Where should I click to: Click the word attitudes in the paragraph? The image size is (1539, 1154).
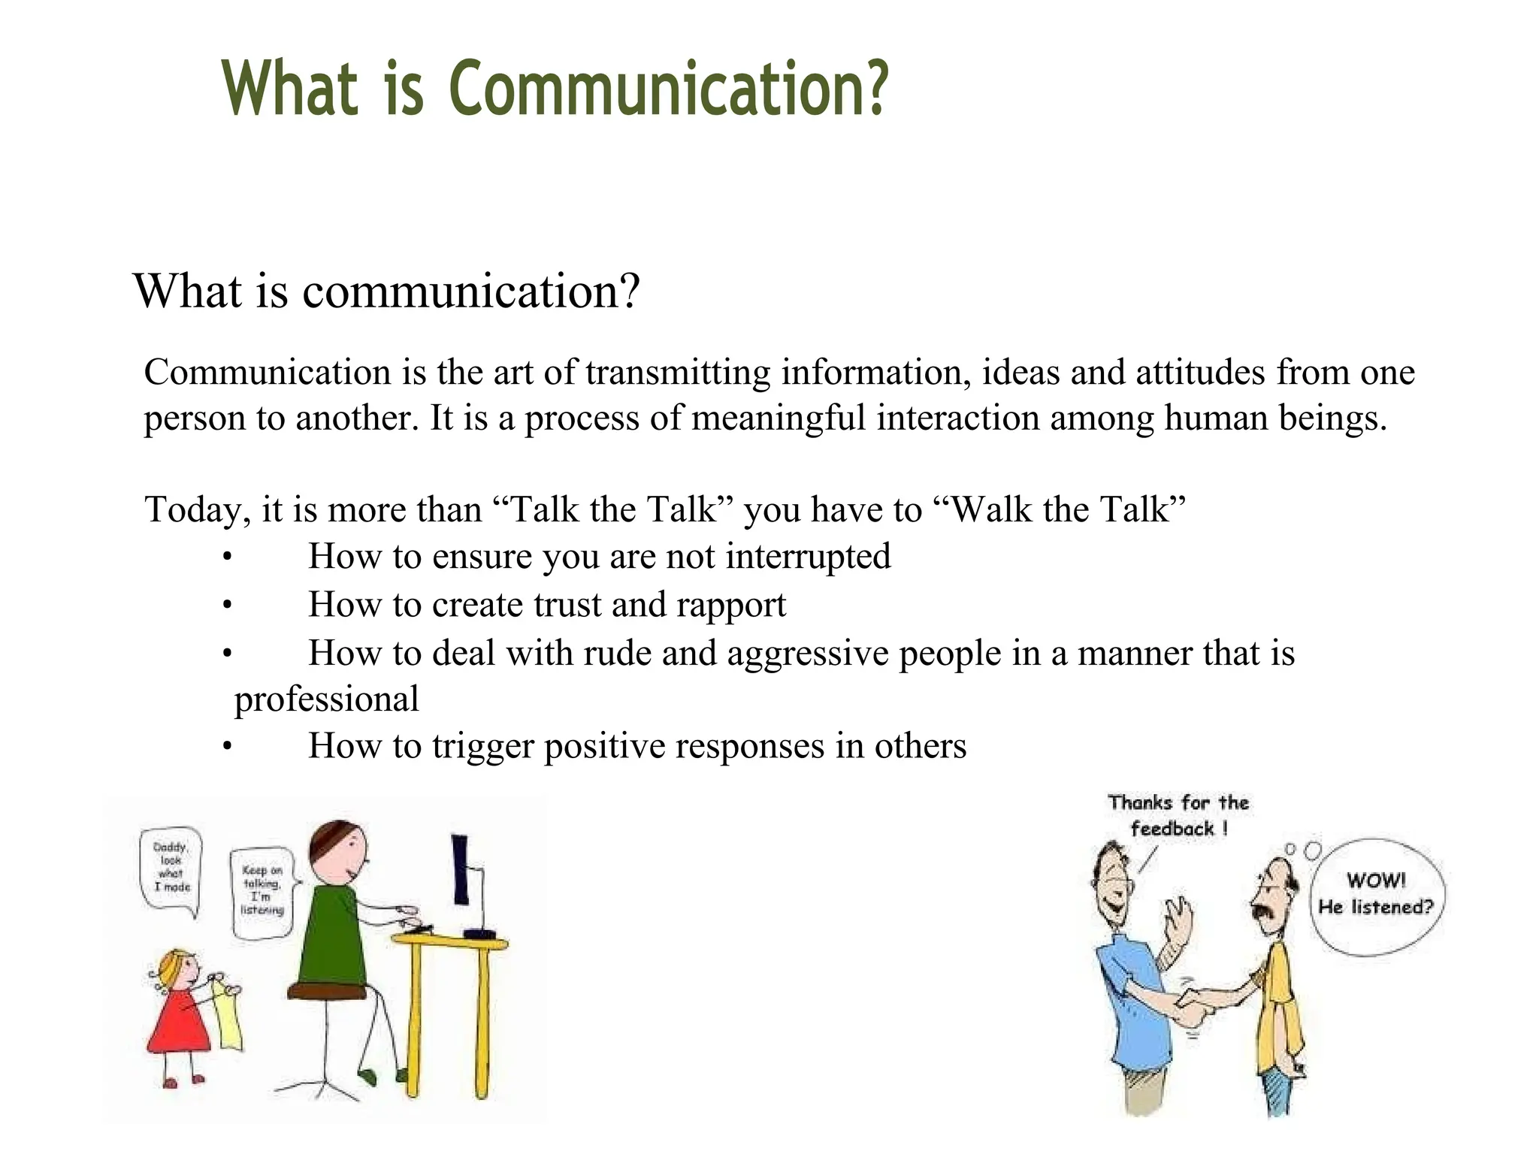coord(1200,373)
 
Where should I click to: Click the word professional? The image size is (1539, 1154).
coord(326,700)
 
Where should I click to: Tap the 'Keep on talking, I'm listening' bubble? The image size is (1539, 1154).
coord(262,893)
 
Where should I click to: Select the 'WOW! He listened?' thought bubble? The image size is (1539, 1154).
coord(1376,896)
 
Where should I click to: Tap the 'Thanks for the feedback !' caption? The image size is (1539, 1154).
coord(1178,816)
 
